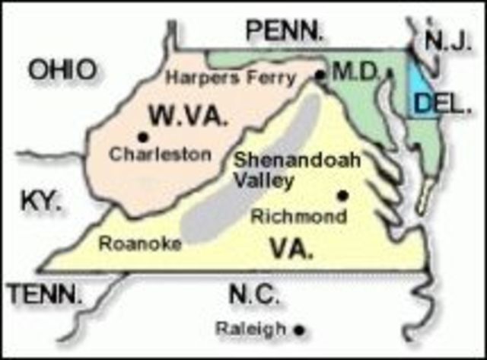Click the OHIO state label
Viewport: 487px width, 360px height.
[x=63, y=70]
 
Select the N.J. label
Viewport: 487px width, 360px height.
[x=447, y=41]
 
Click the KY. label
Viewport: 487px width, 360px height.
[x=40, y=202]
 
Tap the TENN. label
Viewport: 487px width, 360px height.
[x=43, y=293]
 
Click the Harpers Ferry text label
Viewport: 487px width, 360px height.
[x=231, y=78]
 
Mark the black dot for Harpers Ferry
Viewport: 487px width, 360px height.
[x=320, y=75]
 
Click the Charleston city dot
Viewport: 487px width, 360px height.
[x=142, y=137]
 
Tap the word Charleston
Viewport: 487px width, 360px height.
[x=161, y=154]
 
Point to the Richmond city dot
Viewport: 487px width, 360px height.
[x=342, y=195]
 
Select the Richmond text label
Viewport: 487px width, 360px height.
[x=299, y=216]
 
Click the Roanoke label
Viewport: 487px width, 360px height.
[x=141, y=244]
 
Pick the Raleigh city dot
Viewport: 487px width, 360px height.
[x=300, y=330]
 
